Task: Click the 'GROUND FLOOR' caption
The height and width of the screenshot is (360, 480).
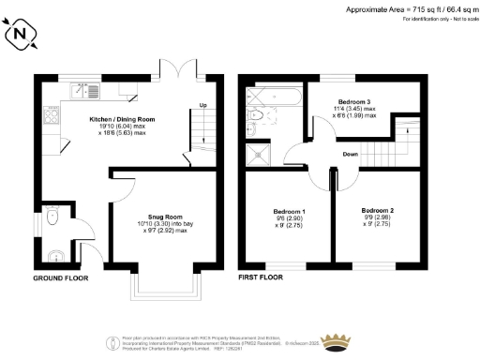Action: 60,279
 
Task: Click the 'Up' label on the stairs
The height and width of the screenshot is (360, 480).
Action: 203,106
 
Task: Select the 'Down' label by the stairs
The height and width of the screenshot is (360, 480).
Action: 349,154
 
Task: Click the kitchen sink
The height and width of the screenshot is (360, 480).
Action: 93,91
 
